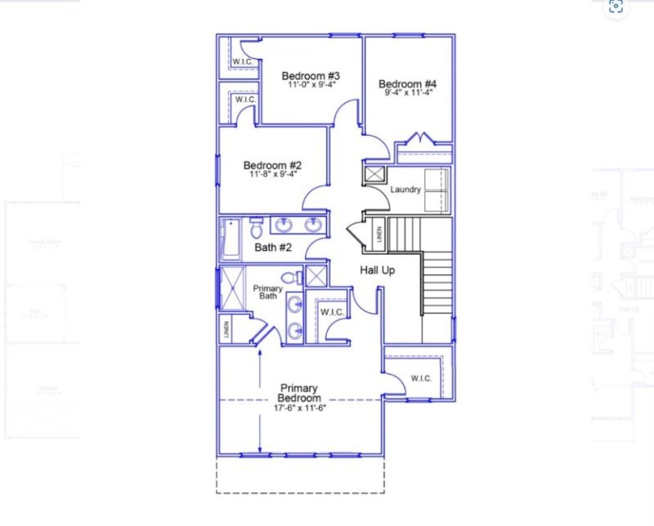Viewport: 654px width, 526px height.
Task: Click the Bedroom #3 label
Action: coord(311,77)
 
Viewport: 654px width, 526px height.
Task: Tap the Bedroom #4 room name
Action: coord(407,84)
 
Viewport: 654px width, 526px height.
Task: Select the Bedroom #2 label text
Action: coord(272,165)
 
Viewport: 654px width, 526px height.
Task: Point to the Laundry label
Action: coord(405,190)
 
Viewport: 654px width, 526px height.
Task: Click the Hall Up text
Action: coord(378,270)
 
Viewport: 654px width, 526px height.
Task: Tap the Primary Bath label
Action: coord(267,293)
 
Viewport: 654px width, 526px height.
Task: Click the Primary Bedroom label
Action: coord(298,393)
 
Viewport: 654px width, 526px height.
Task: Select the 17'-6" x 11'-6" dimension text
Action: coord(300,408)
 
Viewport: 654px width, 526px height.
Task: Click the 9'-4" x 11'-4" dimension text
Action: coord(407,93)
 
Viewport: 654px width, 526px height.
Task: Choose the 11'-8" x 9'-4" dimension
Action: coord(272,174)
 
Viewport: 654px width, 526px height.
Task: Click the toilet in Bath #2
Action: coord(256,225)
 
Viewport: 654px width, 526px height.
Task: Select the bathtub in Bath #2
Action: coord(230,238)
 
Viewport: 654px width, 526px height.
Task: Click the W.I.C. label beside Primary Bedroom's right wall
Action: coord(421,378)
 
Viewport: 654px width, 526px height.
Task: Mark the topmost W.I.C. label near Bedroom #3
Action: coord(242,62)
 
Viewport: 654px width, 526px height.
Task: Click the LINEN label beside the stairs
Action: coord(379,234)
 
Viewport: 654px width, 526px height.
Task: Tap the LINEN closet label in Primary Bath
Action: coord(226,330)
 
